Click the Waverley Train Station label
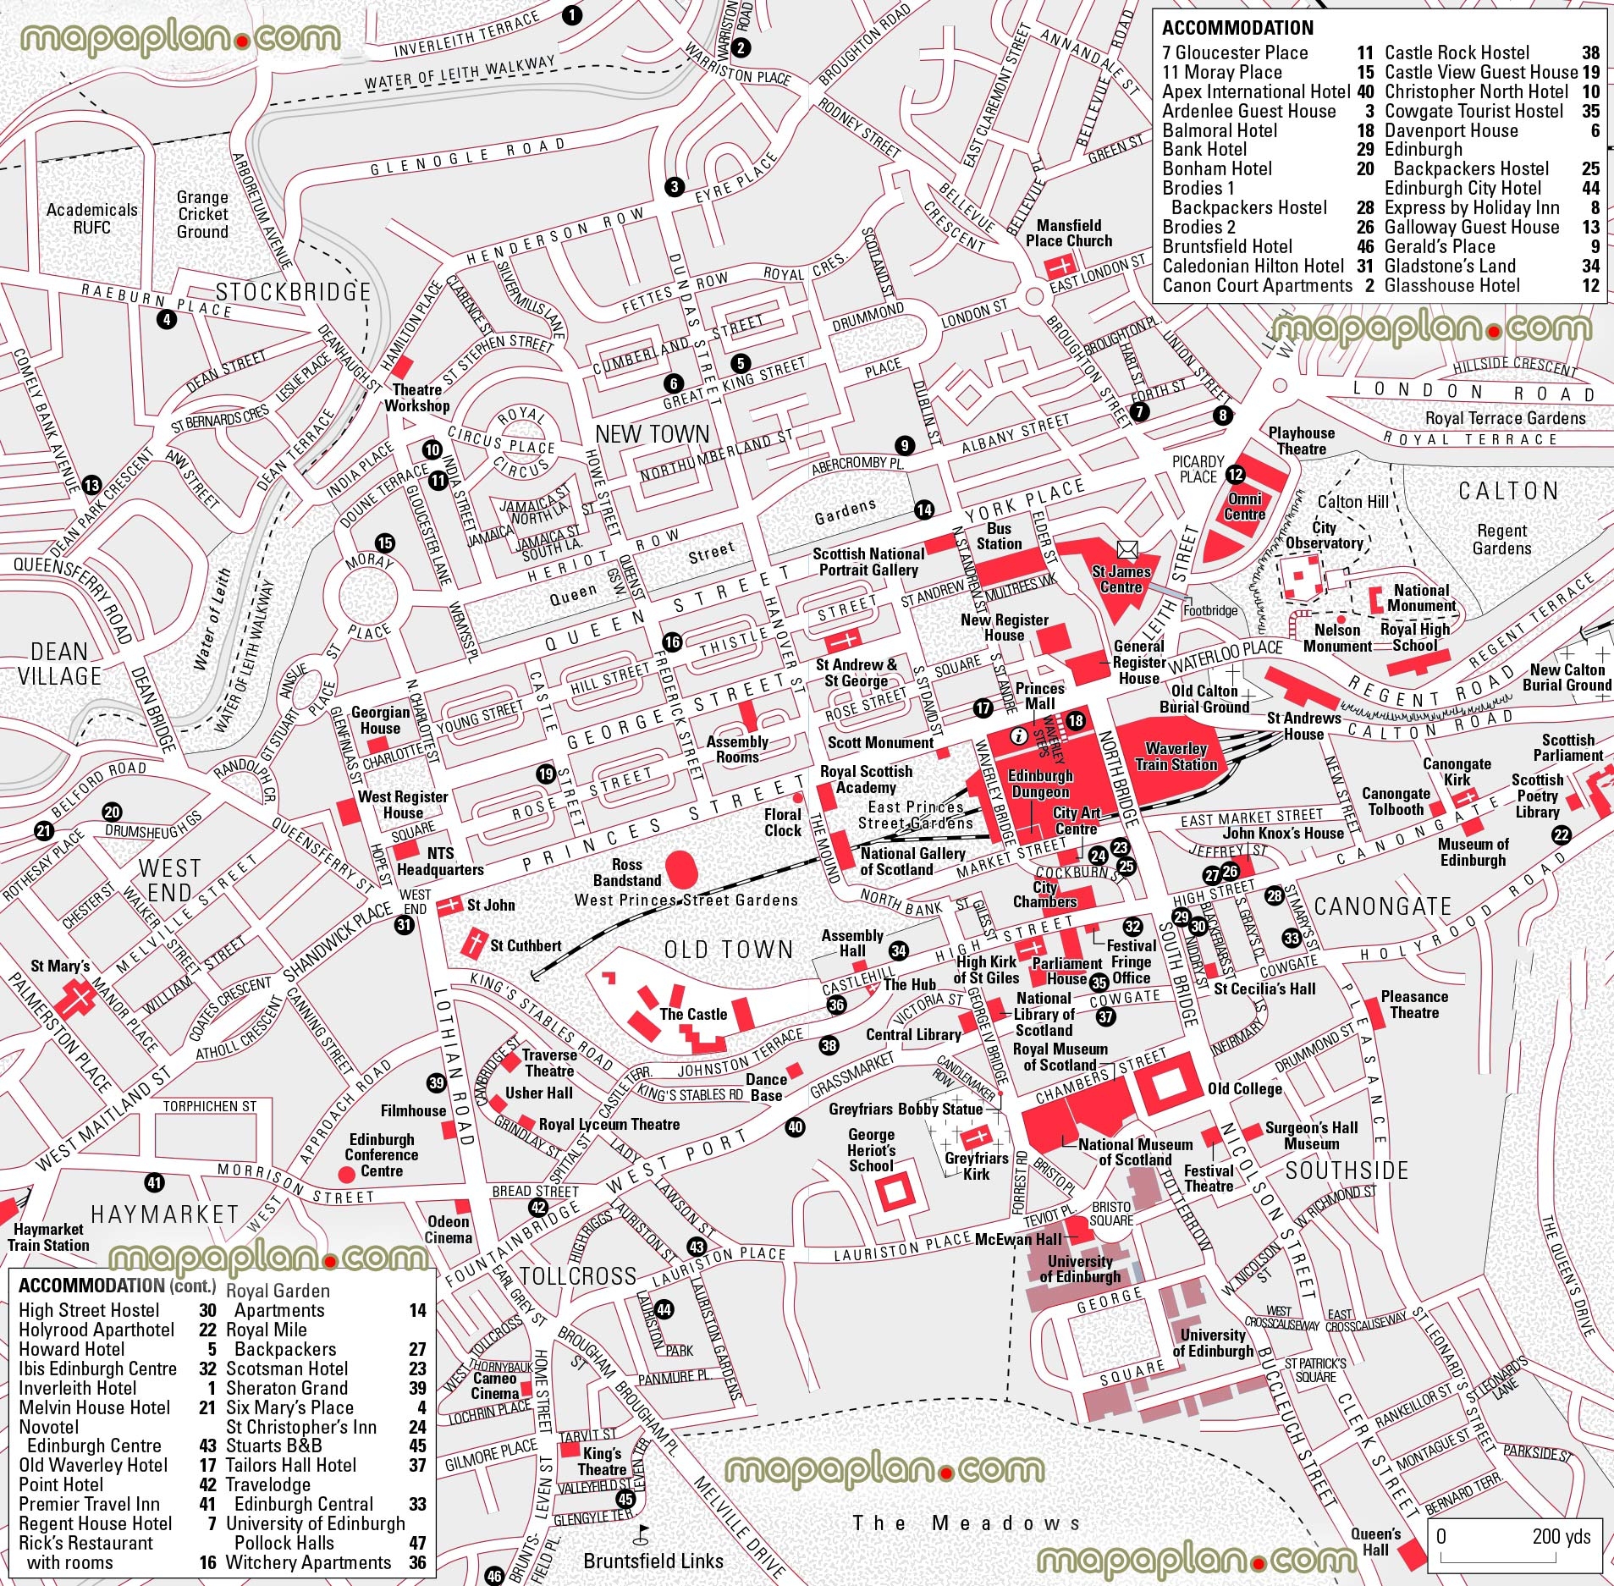pos(1176,756)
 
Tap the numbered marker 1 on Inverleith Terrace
pos(572,14)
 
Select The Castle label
pos(693,1014)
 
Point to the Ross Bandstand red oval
pos(682,868)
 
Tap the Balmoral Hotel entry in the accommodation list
pos(1220,130)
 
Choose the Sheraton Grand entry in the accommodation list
pos(286,1388)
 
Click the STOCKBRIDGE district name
pos(293,292)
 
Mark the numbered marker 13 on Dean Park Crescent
pos(91,486)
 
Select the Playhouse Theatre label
pos(1301,440)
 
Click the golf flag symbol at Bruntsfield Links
pos(642,1530)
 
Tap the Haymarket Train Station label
pos(48,1237)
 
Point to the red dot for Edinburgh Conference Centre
pos(345,1174)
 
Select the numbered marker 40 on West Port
pos(795,1126)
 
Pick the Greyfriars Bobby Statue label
pos(906,1109)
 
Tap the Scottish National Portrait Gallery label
pos(868,561)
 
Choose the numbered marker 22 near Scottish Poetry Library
pos(1561,835)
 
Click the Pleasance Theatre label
pos(1414,1005)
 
